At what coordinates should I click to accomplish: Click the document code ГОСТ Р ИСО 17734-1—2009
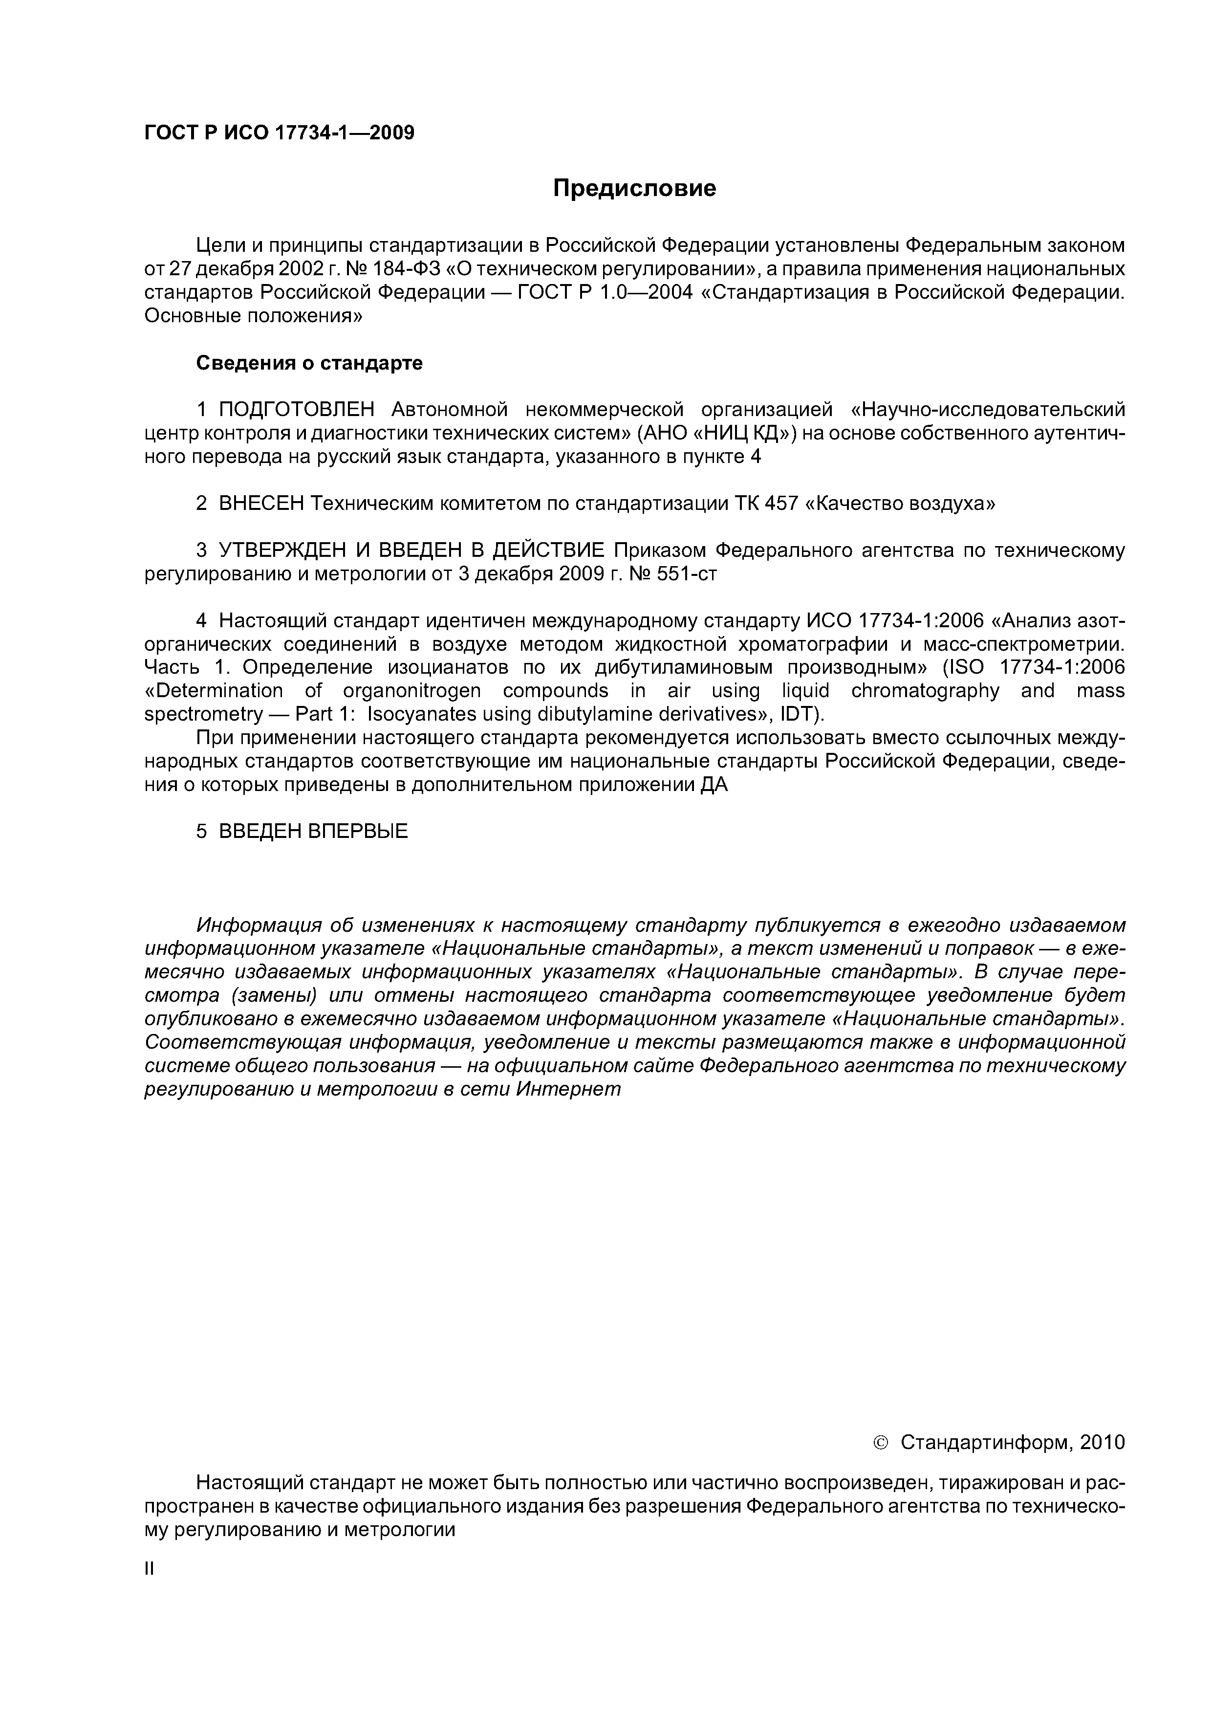coord(279,133)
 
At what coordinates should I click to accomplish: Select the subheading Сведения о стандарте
coord(309,363)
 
